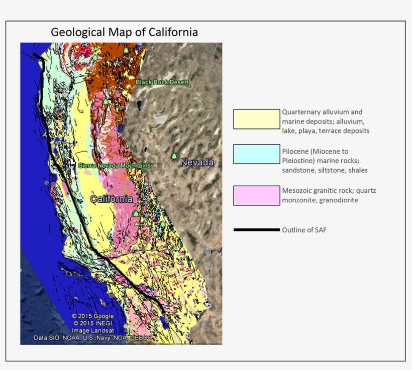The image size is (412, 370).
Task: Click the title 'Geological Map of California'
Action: click(x=124, y=32)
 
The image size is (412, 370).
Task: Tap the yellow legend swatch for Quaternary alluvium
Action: click(x=256, y=119)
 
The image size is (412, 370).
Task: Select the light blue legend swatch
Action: click(x=256, y=154)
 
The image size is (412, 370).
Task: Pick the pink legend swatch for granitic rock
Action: click(x=256, y=195)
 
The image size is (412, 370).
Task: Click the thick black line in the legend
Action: click(x=256, y=230)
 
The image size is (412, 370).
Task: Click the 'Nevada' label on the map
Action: click(x=197, y=162)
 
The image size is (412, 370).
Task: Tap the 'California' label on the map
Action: click(x=111, y=199)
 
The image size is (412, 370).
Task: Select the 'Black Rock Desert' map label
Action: click(x=162, y=82)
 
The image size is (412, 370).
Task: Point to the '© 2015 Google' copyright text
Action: click(x=92, y=316)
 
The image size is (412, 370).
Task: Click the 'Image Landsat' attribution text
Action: click(x=92, y=330)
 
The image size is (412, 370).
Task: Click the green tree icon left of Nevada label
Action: click(x=174, y=157)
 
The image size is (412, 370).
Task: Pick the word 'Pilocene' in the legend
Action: click(x=295, y=151)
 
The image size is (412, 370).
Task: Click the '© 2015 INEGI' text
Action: click(x=92, y=323)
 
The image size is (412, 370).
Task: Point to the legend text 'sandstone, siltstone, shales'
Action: click(x=325, y=170)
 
